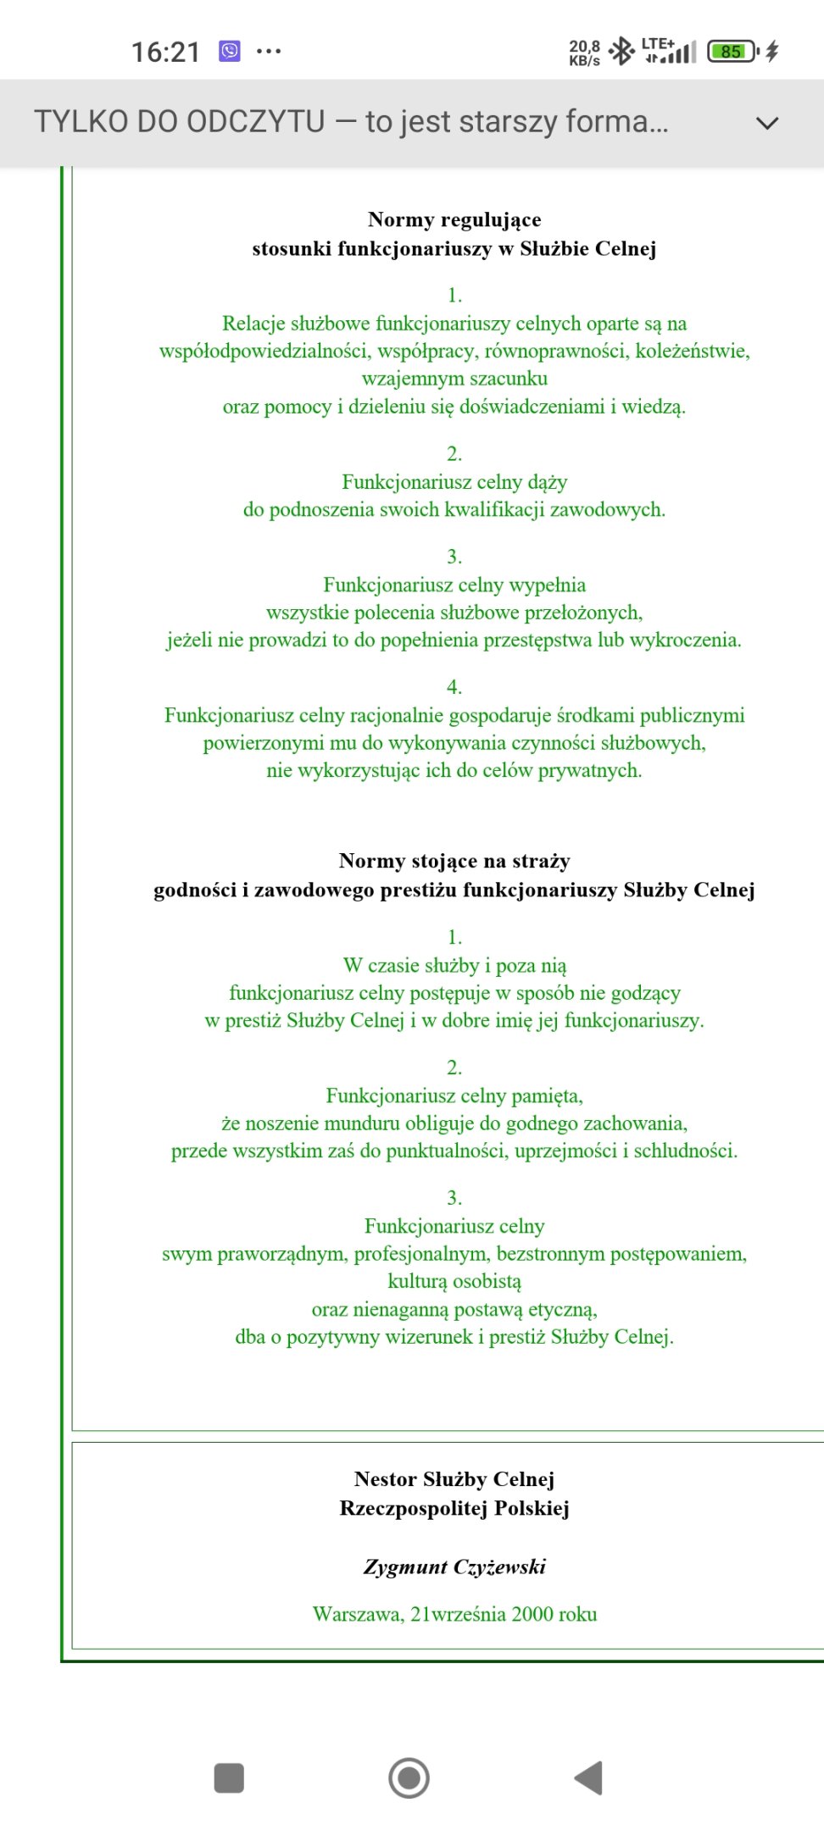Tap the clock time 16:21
165,52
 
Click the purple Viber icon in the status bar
230,51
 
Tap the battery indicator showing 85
732,52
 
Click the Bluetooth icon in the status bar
622,51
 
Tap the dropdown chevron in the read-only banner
766,123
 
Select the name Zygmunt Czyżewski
454,1567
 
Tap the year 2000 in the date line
532,1614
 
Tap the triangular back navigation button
589,1777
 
